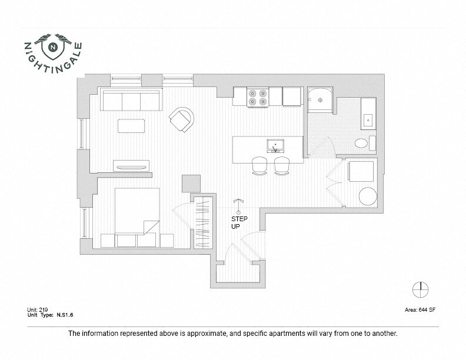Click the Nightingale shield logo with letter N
click(x=54, y=46)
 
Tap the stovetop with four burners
click(x=257, y=96)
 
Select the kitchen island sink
click(x=275, y=145)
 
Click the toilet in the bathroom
click(x=361, y=143)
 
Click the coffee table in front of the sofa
click(x=131, y=126)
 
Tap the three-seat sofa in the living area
click(x=131, y=100)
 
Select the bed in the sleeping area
click(x=137, y=211)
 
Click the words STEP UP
click(x=238, y=223)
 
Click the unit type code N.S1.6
click(x=62, y=315)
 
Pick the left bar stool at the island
click(x=259, y=165)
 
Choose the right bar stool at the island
click(x=282, y=165)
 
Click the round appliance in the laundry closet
click(x=368, y=196)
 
